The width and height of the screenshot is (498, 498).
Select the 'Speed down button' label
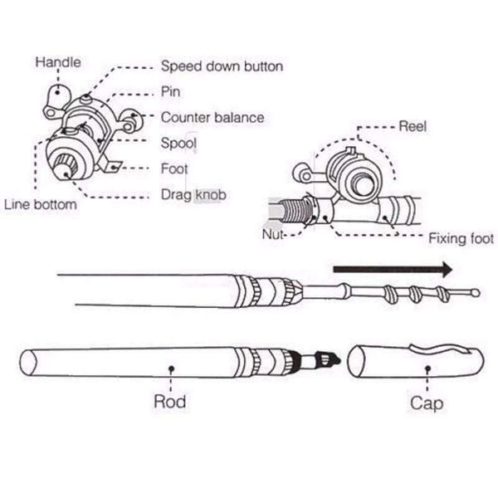click(x=222, y=66)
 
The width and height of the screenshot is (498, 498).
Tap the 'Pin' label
click(x=171, y=92)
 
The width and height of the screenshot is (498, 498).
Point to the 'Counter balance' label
click(x=212, y=118)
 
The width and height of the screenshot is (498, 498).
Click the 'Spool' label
click(x=178, y=144)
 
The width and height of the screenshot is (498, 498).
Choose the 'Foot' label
click(x=174, y=169)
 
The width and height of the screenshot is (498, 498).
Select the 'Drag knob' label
click(x=193, y=195)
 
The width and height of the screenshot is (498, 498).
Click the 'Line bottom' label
click(x=41, y=203)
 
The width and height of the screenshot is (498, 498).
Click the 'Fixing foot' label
click(x=461, y=239)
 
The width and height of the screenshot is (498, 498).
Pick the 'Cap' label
click(x=427, y=403)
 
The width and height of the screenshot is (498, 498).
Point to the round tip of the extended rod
click(x=474, y=291)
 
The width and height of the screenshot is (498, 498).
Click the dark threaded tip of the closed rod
click(x=331, y=360)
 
